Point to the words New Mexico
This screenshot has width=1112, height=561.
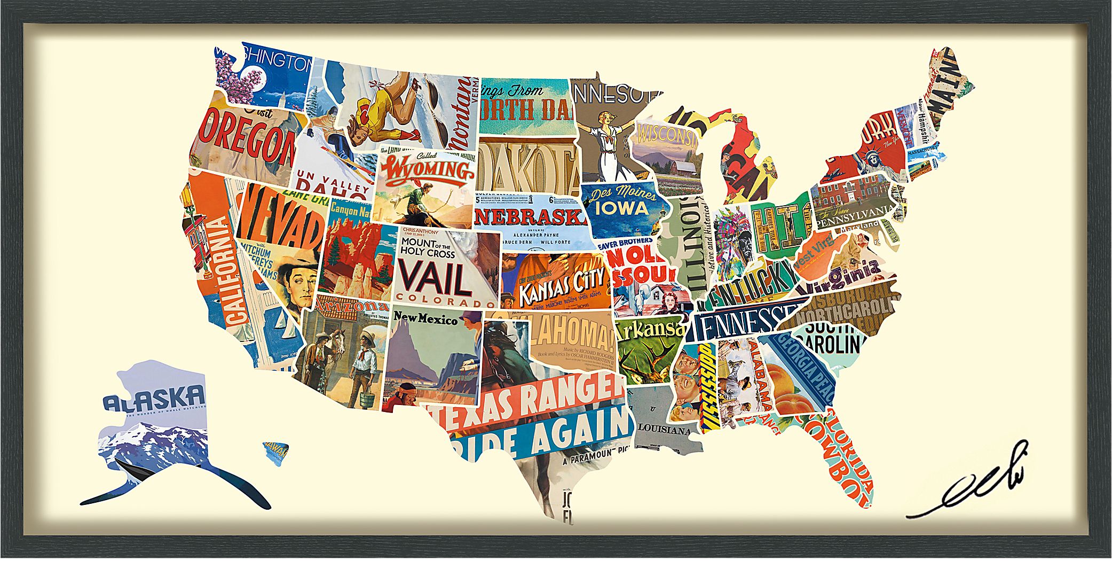425,319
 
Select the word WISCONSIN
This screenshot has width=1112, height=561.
667,134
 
